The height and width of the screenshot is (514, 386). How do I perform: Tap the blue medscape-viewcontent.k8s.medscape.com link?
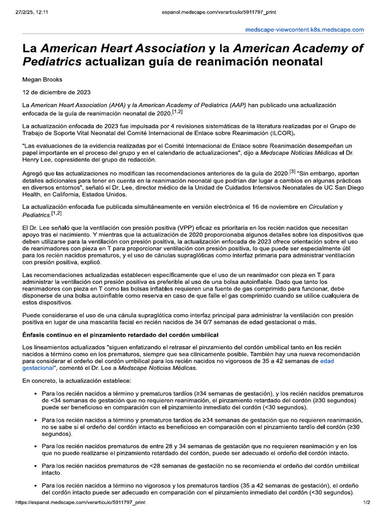coord(304,30)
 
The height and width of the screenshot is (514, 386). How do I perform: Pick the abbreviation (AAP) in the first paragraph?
coord(235,105)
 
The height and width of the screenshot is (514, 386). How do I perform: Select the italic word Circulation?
coord(323,206)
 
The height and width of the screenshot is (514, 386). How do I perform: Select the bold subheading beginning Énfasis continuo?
coord(121,335)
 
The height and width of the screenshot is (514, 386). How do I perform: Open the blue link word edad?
coord(327,361)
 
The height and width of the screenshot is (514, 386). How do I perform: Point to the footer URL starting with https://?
coord(80,502)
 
